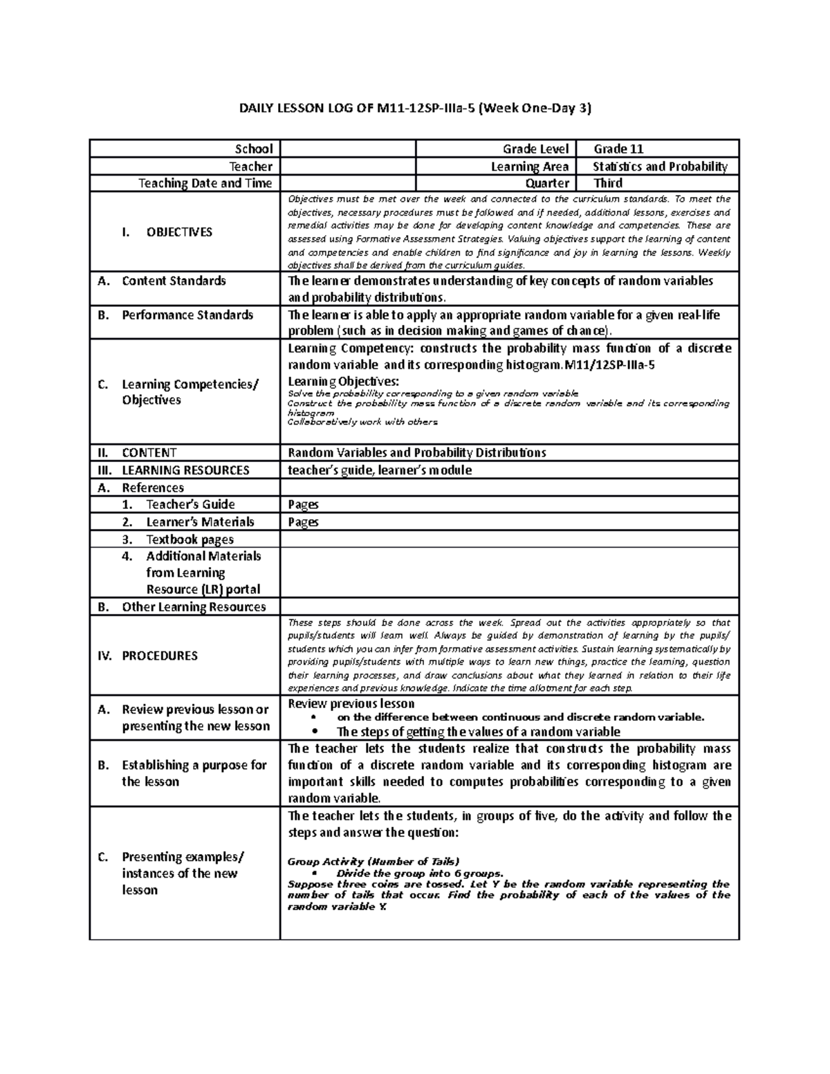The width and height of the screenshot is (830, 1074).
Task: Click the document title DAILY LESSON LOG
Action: pos(415,108)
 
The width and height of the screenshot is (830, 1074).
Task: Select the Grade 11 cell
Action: pos(619,149)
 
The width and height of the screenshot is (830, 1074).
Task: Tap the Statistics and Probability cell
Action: pos(660,166)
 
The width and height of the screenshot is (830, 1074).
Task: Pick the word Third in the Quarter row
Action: pos(607,183)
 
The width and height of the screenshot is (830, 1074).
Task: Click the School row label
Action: pos(254,149)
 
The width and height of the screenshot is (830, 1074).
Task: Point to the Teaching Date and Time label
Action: pos(205,183)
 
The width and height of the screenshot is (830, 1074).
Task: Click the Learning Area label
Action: pos(529,166)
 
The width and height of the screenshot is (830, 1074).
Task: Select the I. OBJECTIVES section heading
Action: pos(167,232)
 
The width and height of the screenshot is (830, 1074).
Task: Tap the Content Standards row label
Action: pos(174,281)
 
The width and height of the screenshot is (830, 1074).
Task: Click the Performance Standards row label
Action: pos(187,315)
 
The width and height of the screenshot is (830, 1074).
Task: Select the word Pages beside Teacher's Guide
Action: pos(303,505)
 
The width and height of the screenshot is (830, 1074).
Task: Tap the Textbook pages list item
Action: pos(190,539)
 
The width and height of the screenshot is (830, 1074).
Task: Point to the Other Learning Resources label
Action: pos(194,607)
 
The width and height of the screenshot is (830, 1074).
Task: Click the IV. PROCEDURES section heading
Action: pos(160,655)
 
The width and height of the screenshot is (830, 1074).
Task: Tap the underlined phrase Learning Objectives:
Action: pos(343,382)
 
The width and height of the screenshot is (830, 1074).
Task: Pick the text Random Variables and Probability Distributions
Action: pos(417,452)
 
